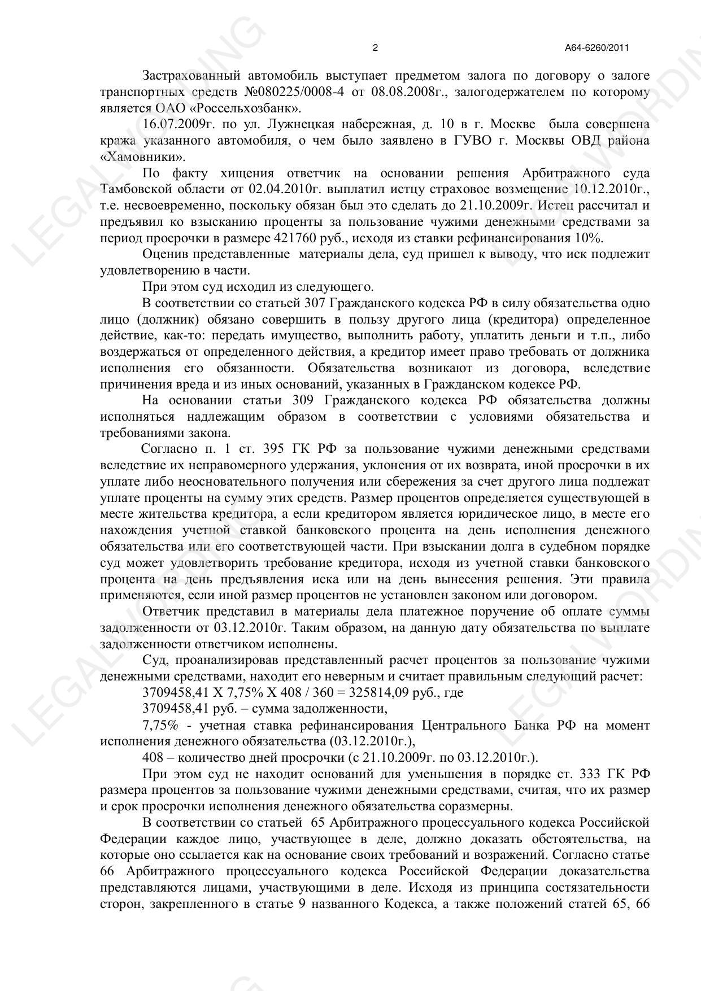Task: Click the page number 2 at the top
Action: tap(375, 48)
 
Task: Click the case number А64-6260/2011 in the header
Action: tap(596, 48)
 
